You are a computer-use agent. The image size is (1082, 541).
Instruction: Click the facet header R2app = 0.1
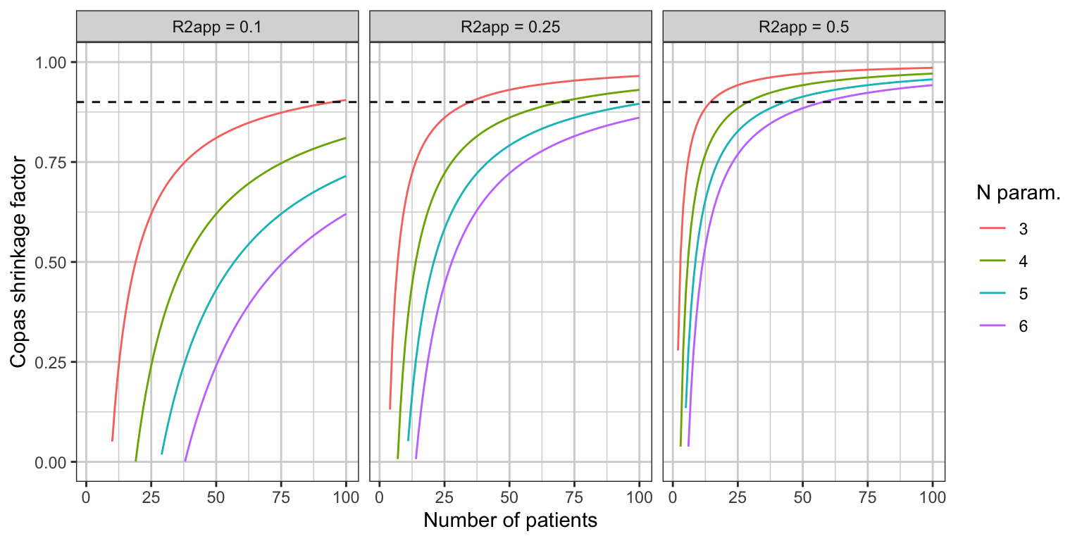point(218,27)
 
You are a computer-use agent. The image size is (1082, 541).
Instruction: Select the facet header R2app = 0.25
point(511,27)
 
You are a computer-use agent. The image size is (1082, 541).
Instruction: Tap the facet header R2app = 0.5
point(804,27)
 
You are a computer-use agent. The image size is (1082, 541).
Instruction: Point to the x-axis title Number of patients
point(511,521)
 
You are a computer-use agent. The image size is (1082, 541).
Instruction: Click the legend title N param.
point(1018,193)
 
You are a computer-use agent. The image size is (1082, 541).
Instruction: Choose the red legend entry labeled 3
point(1004,228)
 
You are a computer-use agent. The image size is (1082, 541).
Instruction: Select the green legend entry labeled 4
point(1004,261)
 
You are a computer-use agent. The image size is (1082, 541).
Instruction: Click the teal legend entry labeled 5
point(1004,293)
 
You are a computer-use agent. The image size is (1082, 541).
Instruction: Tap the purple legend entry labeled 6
point(1004,326)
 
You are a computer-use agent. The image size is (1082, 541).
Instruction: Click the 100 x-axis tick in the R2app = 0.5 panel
point(932,497)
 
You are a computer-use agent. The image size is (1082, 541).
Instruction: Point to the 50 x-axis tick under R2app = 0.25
point(509,497)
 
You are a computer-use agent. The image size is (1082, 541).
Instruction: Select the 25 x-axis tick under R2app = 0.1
point(151,497)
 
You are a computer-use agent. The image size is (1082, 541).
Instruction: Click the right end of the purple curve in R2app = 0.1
point(346,214)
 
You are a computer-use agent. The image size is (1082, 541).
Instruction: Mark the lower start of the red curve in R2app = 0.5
point(678,349)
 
